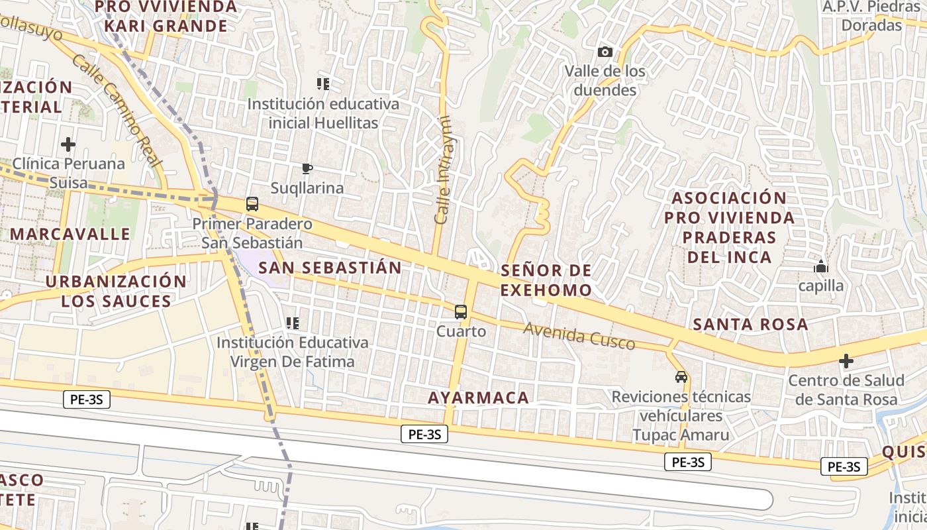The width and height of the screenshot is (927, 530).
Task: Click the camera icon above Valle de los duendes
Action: tap(605, 52)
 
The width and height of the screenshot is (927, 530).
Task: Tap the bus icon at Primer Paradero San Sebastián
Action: tap(252, 204)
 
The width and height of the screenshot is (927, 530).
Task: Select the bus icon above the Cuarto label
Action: tap(461, 311)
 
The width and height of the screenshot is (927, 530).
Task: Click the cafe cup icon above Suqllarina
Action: tap(307, 168)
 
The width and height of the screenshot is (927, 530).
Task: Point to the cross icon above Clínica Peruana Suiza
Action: tap(68, 144)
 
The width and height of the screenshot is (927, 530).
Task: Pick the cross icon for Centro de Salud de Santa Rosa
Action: tap(846, 361)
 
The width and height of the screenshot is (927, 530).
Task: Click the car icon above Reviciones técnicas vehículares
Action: tap(681, 377)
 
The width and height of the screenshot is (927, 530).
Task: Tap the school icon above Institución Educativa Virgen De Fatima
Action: tap(292, 323)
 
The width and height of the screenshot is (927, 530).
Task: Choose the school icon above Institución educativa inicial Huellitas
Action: tap(323, 84)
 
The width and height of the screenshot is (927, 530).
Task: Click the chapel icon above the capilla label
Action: tap(821, 266)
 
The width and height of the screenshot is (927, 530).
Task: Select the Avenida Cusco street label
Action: tap(579, 336)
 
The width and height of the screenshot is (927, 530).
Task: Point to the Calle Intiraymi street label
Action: tap(443, 170)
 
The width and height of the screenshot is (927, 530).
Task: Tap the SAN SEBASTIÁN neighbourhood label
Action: tap(330, 268)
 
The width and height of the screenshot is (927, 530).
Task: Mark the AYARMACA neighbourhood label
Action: tap(478, 397)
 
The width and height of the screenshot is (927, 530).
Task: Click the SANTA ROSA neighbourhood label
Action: tap(750, 324)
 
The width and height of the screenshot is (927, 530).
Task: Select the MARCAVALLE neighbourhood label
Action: tap(70, 234)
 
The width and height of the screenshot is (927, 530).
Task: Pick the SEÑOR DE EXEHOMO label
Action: tap(546, 280)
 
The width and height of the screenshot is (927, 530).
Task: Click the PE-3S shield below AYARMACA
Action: tap(424, 435)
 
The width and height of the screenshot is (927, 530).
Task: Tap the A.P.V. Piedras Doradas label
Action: tap(871, 16)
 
